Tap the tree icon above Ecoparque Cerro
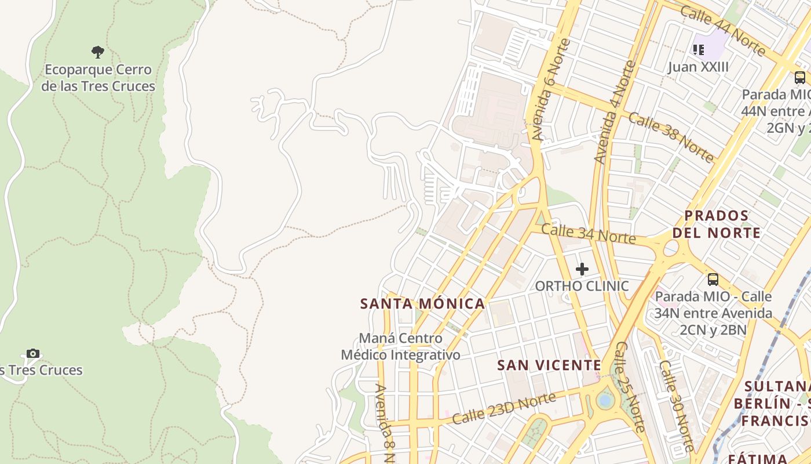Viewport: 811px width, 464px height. (98, 52)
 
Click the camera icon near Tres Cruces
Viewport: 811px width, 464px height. (33, 353)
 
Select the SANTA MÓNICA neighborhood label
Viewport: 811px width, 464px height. (422, 303)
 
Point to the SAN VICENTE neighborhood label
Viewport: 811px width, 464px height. (549, 365)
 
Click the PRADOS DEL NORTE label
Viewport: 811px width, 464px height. (722, 224)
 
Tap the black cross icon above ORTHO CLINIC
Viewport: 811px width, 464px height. (582, 269)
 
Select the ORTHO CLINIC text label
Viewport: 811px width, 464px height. (582, 286)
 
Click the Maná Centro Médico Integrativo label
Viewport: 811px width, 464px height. (401, 346)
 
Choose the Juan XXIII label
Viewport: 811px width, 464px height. (698, 67)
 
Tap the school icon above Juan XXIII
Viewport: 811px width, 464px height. (699, 50)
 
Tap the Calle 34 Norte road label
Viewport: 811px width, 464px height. (588, 234)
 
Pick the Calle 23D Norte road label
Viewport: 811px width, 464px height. (504, 408)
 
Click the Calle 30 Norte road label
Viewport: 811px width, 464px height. (676, 406)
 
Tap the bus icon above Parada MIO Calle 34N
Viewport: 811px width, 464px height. (713, 280)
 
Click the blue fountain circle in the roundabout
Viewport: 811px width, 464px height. (605, 401)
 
